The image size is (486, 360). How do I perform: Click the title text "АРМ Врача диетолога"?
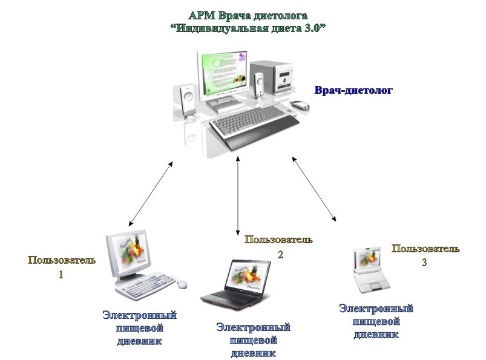coord(248,15)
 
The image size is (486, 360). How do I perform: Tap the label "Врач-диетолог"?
coord(353,91)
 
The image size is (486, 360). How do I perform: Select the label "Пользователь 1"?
coord(62,266)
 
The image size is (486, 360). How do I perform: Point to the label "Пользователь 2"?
coord(278,246)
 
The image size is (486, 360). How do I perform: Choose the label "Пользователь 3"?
coord(425,255)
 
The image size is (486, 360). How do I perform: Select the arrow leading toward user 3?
coord(314,188)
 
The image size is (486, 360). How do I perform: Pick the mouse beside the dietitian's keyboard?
coord(300,105)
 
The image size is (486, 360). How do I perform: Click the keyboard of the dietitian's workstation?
coord(254,120)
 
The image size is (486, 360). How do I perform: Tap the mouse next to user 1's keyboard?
coord(182,283)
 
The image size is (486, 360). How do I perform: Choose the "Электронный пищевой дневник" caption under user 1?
coord(139,327)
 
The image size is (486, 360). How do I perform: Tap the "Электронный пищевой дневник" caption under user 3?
coord(376,321)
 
